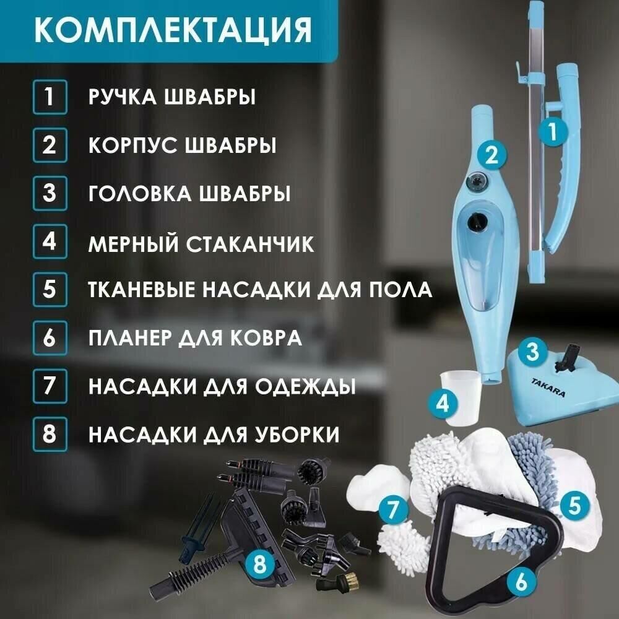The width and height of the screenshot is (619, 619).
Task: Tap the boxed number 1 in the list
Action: pos(50,97)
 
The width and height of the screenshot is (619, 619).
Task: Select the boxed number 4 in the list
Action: pos(50,241)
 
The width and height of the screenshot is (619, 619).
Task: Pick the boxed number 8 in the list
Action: pos(50,434)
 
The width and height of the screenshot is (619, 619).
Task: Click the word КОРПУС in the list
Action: pos(133,145)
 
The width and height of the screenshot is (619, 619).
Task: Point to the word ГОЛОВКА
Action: pos(139,193)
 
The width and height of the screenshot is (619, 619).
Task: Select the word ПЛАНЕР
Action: pos(130,339)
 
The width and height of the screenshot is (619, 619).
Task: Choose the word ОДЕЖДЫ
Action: pos(305,387)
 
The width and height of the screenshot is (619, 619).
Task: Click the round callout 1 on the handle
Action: pos(553,131)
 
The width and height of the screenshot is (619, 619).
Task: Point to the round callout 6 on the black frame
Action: pos(521,581)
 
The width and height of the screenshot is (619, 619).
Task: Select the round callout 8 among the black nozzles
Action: pos(259,565)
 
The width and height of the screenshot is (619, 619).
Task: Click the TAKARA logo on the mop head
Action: pos(548,387)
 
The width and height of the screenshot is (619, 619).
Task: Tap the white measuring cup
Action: pos(461,398)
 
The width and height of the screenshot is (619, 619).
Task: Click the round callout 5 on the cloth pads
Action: pos(574,505)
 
